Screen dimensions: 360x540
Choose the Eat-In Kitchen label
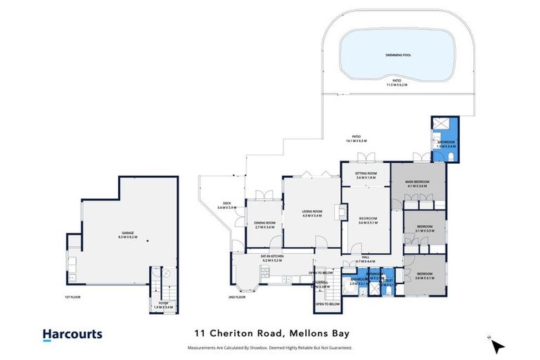point(271,259)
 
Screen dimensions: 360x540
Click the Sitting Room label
point(366,175)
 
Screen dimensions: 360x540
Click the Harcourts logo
point(72,335)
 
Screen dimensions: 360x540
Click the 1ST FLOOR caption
point(72,297)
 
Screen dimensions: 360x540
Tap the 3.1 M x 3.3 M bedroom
point(425,229)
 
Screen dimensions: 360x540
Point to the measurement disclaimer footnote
point(269,347)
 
